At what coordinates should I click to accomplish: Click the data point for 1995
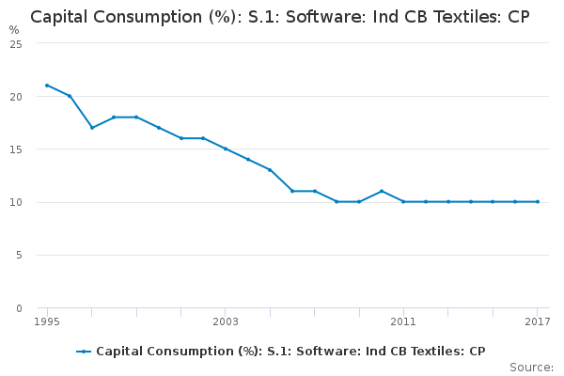pos(47,86)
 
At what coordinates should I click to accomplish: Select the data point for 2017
pos(538,201)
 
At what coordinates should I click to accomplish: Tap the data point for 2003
pos(226,149)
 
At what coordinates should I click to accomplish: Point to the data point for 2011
pos(403,201)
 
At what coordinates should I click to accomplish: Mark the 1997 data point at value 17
pos(91,128)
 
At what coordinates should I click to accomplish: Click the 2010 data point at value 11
pos(381,191)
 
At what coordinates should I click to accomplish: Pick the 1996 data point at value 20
pos(70,96)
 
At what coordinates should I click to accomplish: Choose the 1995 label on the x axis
pos(47,322)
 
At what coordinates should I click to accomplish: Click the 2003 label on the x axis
pos(226,322)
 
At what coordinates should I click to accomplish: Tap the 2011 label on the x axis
pos(403,322)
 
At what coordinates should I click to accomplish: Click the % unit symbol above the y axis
pos(13,29)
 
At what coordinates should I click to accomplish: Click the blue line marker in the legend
pos(84,352)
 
